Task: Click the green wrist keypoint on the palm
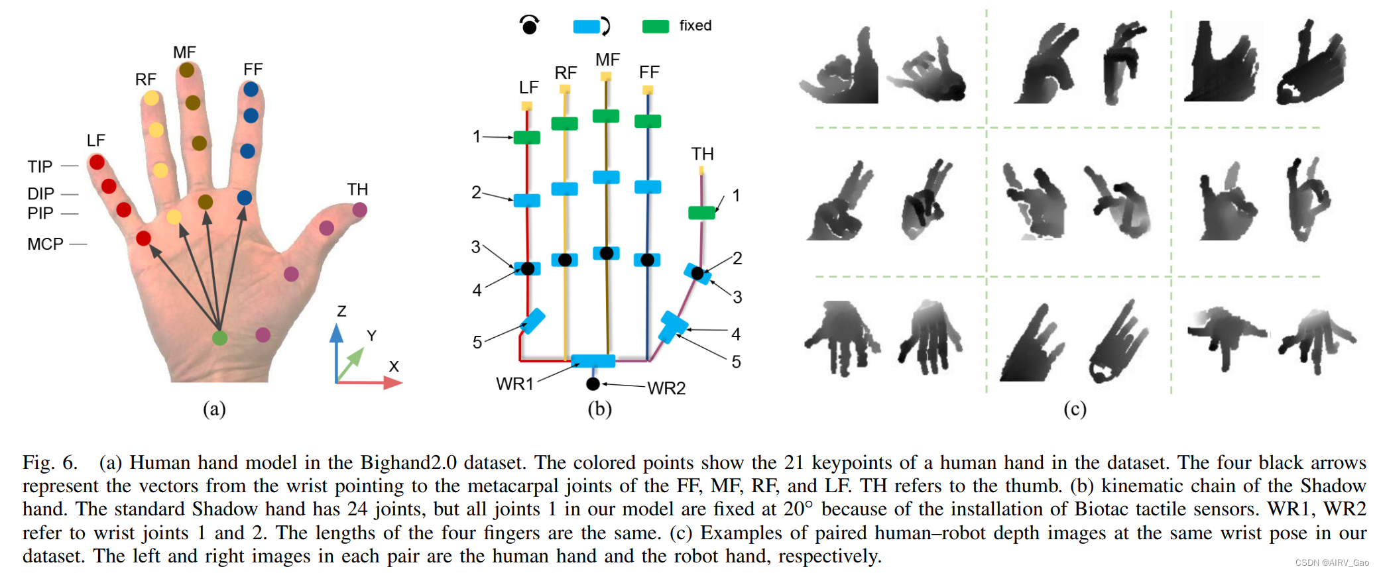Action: pos(219,338)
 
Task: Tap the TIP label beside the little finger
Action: pos(40,166)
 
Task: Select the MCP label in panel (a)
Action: pos(45,244)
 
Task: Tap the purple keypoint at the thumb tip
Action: pos(359,210)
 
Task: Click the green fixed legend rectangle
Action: pos(655,26)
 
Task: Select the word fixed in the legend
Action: pos(695,26)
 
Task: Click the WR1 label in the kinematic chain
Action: pos(514,384)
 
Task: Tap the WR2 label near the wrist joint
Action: pos(666,388)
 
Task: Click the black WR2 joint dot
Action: pos(593,384)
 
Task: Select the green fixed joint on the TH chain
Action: pos(701,213)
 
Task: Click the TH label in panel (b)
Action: pos(702,154)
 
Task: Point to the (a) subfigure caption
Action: pos(214,409)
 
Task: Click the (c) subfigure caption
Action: pos(1075,409)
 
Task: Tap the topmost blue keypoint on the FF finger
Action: pos(251,89)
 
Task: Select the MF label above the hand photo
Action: pos(184,52)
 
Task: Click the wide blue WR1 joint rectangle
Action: pos(593,361)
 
